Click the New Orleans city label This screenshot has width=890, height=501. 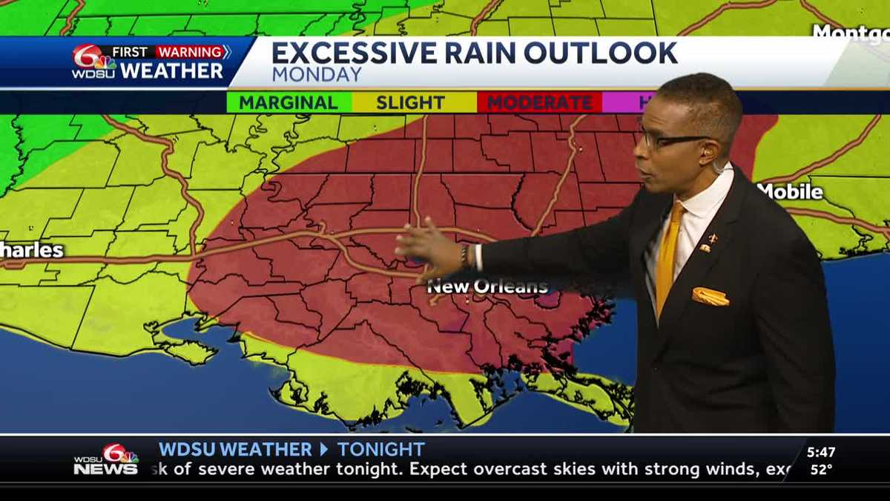click(487, 286)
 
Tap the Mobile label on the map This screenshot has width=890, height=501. click(791, 191)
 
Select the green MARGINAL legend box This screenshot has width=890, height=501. click(289, 102)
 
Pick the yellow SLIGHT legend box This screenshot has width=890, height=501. click(410, 102)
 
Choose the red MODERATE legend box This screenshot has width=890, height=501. click(539, 102)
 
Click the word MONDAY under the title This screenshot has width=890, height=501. click(317, 75)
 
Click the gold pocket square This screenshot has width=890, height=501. click(710, 297)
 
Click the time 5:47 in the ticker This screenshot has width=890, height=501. click(821, 452)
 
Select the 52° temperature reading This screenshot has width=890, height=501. click(821, 469)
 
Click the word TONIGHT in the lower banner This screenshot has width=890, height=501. click(380, 449)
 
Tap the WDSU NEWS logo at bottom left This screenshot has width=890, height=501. click(106, 460)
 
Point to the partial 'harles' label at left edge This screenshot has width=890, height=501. click(31, 249)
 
